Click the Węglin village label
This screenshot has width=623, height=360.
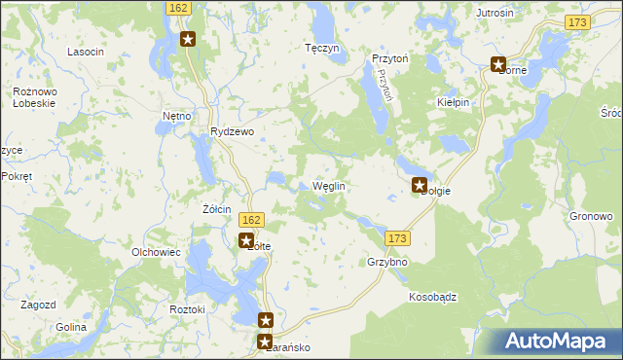329,186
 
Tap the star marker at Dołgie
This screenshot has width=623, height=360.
421,185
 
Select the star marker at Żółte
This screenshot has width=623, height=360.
247,240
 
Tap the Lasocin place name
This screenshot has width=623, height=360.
85,51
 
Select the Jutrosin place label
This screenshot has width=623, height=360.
495,13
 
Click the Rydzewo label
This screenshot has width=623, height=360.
232,132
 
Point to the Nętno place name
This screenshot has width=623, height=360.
176,116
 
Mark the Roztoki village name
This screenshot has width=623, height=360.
187,308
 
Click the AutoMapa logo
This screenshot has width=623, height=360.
558,341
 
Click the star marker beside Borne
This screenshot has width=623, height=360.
499,66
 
